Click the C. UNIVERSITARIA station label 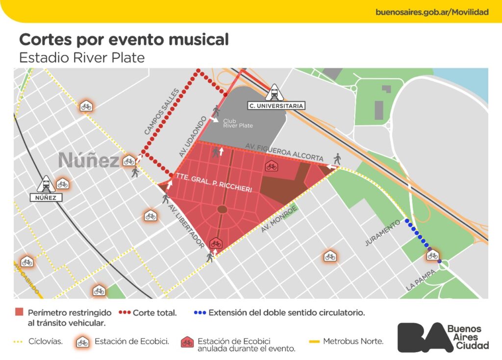click(x=276, y=105)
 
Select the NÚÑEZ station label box click(x=46, y=198)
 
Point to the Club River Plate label click(x=238, y=123)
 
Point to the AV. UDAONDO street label click(x=190, y=140)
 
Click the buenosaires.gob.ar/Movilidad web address click(x=432, y=12)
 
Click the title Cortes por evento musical click(x=124, y=39)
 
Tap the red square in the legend click(x=20, y=312)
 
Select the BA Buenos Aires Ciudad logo click(x=443, y=337)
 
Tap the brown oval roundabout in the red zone click(x=222, y=210)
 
